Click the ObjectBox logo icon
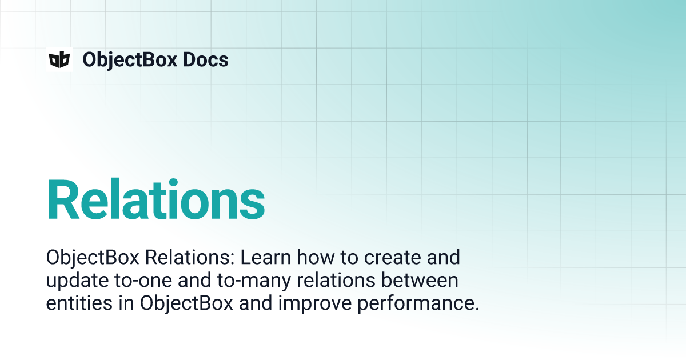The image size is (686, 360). pos(59,59)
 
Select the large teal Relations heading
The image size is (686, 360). pos(155,200)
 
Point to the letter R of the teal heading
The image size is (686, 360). pos(64,200)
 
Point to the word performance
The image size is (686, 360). pos(418,304)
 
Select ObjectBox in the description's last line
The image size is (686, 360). pos(186,303)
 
